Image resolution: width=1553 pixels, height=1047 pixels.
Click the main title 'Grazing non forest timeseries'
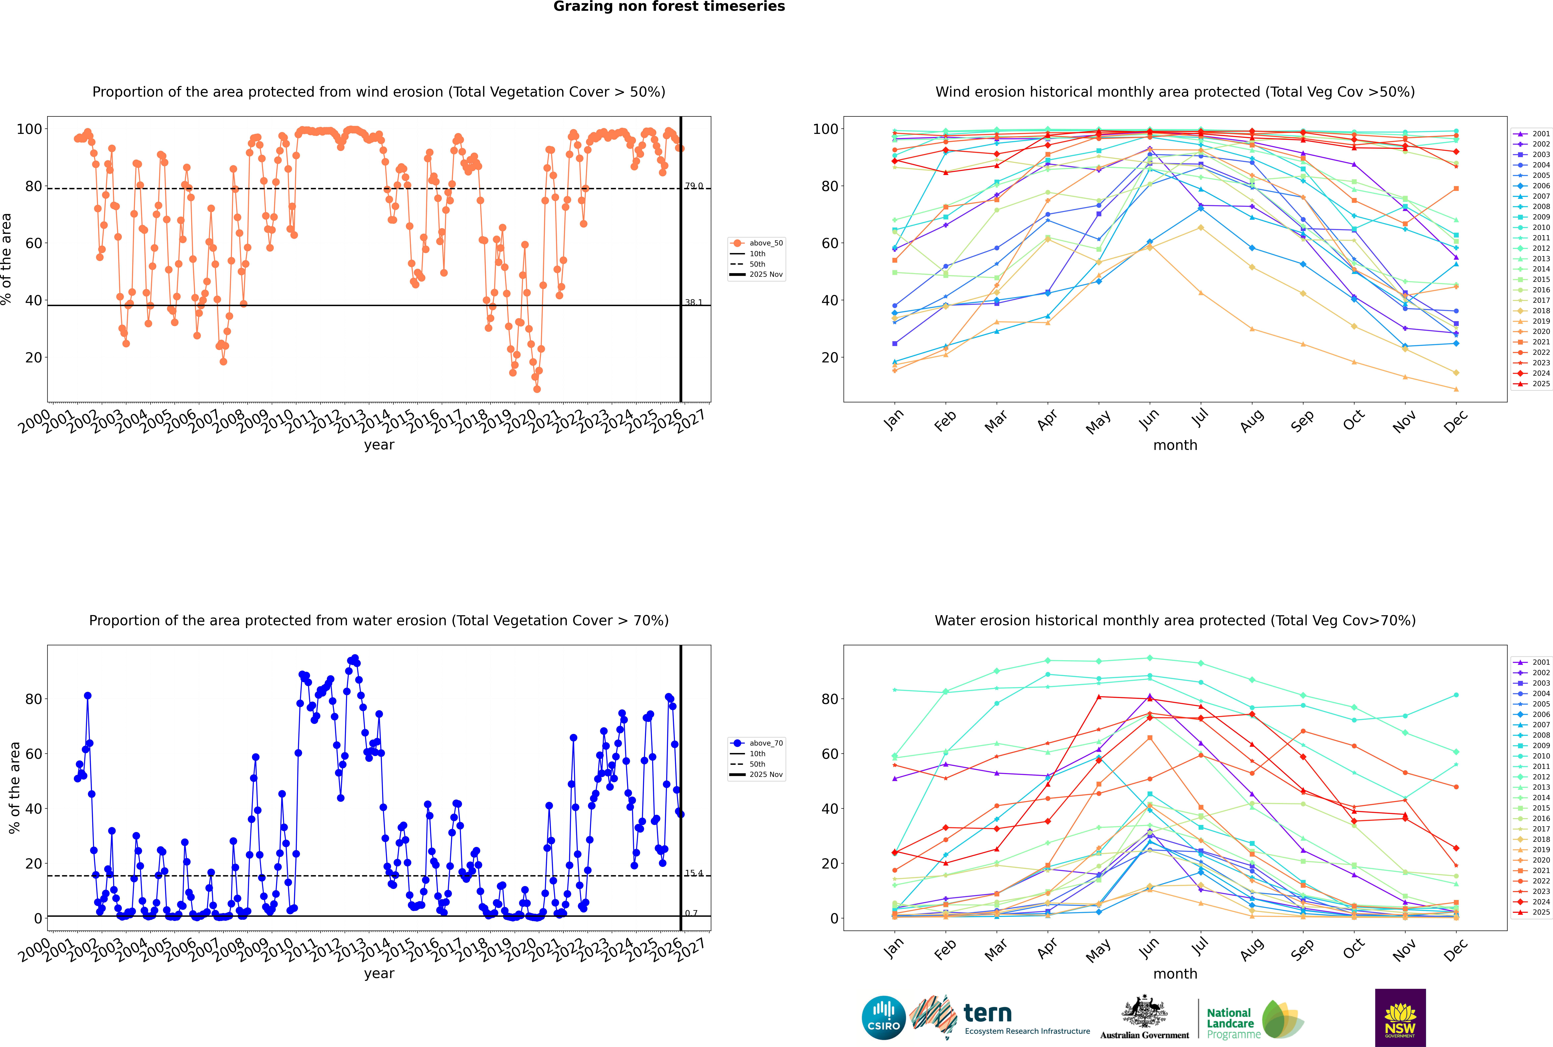[x=669, y=7]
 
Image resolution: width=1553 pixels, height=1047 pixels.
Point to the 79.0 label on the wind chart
[x=694, y=186]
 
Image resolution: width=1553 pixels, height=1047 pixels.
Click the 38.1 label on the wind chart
[x=694, y=302]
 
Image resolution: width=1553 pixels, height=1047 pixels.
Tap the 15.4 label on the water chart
[x=694, y=873]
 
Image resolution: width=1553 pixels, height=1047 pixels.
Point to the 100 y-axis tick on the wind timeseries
[x=29, y=129]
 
